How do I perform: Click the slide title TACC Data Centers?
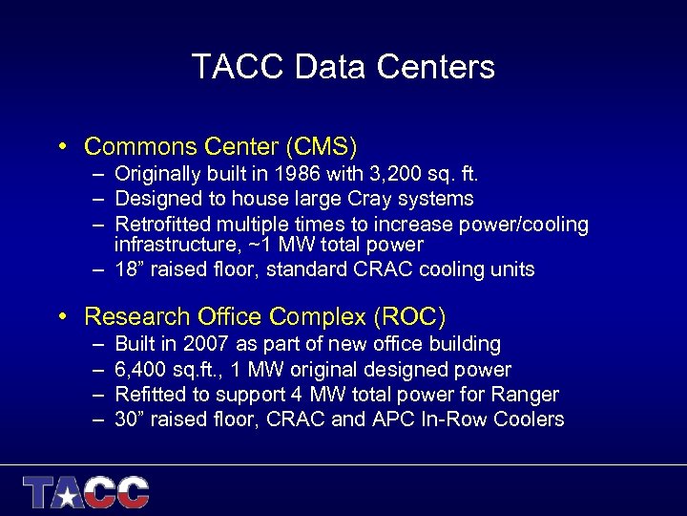343,67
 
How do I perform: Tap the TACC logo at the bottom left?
87,492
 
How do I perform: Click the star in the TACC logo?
68,494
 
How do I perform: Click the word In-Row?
459,419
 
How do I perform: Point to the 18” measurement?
130,269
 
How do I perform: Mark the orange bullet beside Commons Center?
60,147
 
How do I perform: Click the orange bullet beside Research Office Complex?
60,316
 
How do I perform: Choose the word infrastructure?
174,245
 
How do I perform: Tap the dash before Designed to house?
99,199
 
